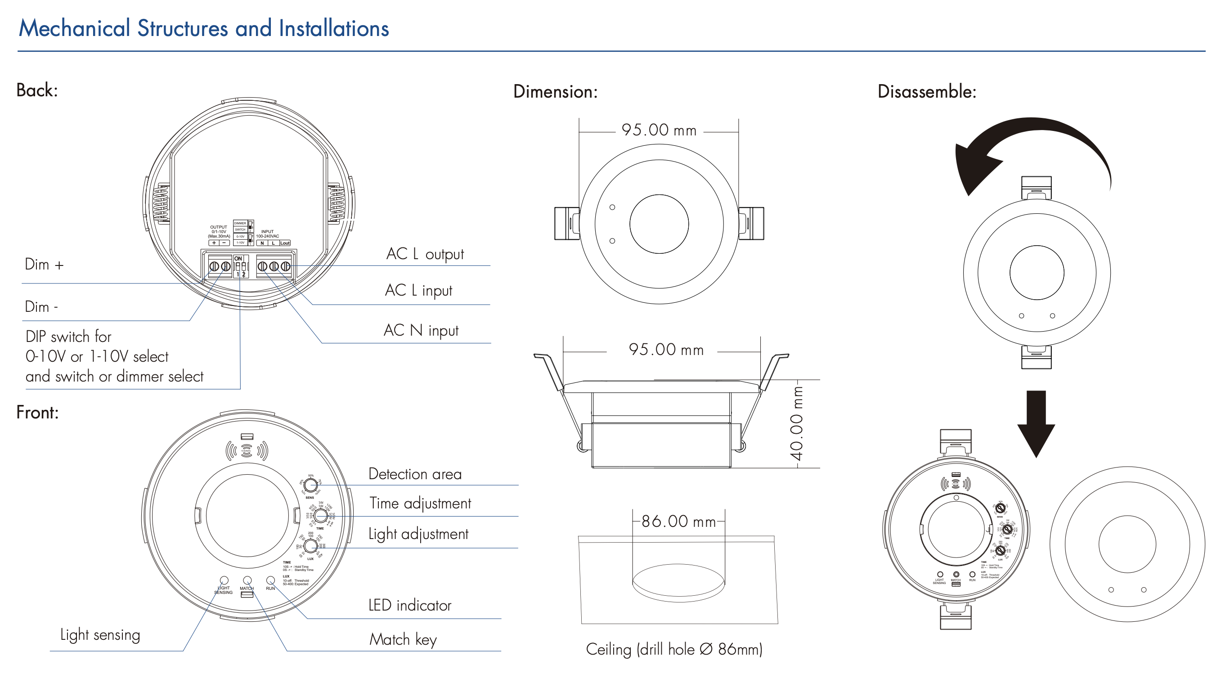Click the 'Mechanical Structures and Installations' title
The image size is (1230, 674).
tap(204, 28)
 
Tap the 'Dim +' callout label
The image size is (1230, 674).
tap(44, 265)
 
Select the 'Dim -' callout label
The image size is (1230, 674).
tap(41, 307)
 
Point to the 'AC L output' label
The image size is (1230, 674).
tap(425, 254)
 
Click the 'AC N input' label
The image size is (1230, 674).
tap(421, 330)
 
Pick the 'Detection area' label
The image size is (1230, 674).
tap(415, 474)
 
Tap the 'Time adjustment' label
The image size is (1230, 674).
tap(420, 503)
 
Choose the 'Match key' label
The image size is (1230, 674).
tap(403, 639)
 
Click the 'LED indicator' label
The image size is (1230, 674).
tap(410, 605)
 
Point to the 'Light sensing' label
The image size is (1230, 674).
tap(100, 635)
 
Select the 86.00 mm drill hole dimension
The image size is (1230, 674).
tap(678, 521)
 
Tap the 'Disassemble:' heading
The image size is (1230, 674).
tap(927, 91)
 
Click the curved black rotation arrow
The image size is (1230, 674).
tap(1027, 143)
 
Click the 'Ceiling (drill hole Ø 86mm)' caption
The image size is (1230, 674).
tap(674, 649)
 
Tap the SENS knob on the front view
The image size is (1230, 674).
tap(310, 485)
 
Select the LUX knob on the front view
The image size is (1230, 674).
tap(310, 545)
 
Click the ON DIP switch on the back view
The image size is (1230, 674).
tap(241, 266)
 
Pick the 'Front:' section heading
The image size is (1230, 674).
tap(37, 412)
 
